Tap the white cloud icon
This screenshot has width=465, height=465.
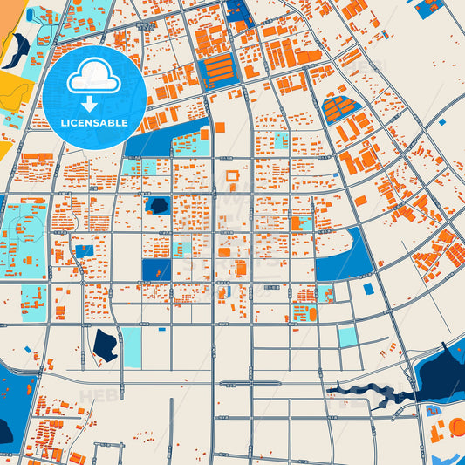coord(93,77)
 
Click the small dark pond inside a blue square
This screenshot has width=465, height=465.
coord(158,206)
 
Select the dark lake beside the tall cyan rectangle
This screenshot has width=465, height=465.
coord(105,345)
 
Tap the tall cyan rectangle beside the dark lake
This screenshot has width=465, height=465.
coord(131,347)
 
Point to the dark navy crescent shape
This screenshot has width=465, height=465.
coord(17,51)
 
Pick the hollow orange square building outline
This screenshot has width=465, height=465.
coord(232,176)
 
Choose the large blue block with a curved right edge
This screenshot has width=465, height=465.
coord(345,255)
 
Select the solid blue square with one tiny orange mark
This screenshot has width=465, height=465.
coord(155,270)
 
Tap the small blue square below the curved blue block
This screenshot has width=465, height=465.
coord(368,289)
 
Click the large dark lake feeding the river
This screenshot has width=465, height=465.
coord(441,371)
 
